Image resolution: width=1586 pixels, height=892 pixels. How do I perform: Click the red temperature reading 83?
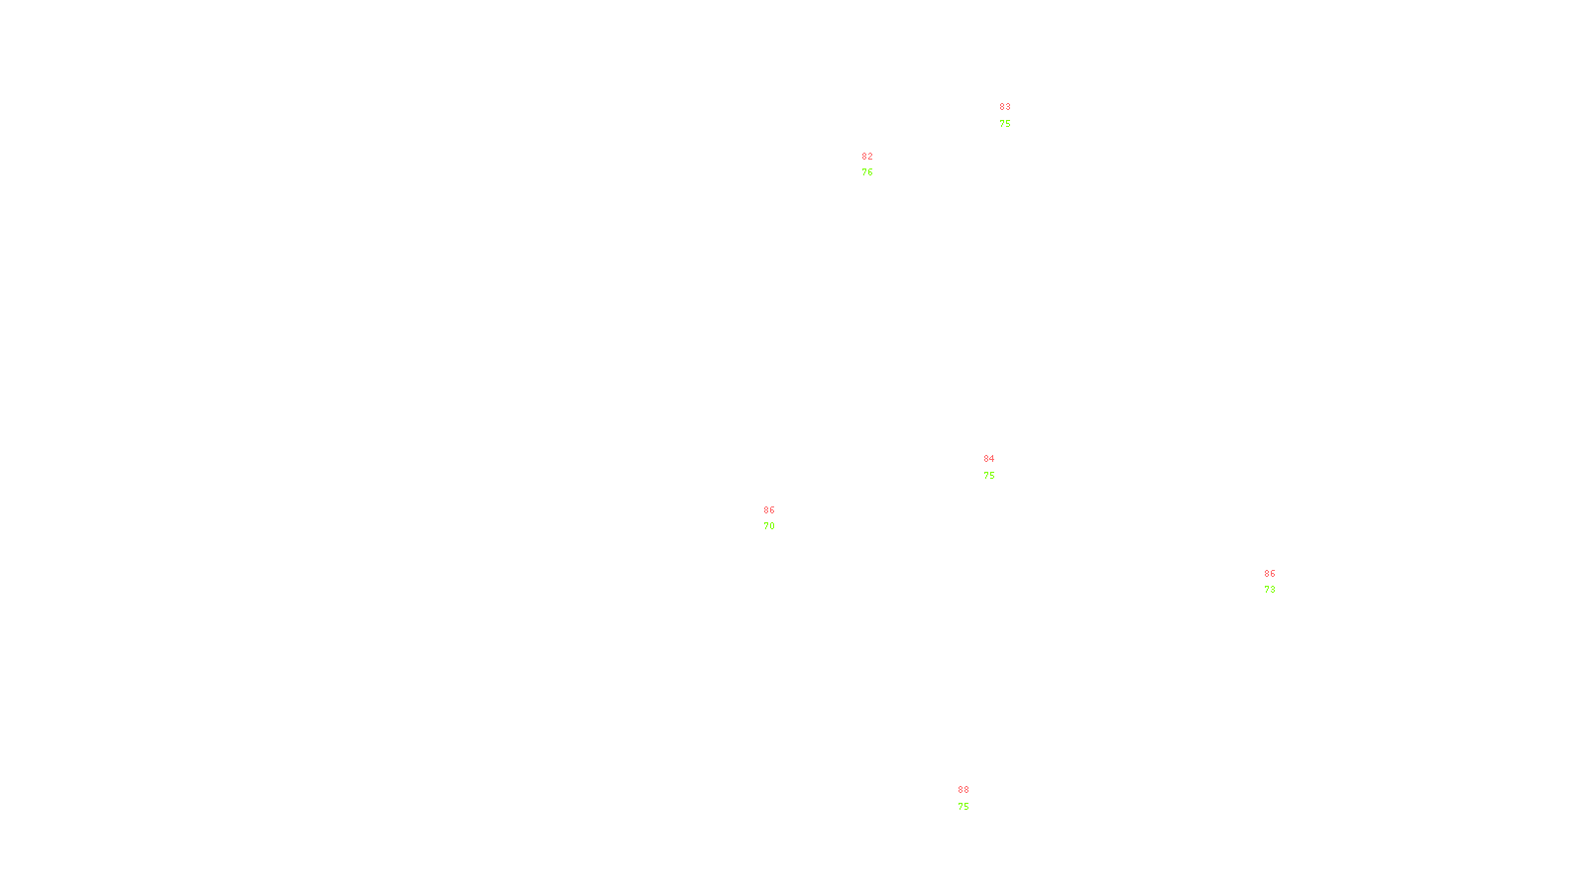point(1005,107)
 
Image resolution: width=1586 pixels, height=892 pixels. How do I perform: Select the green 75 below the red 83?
point(1005,124)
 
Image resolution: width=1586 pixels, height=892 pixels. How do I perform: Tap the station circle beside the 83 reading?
point(1014,116)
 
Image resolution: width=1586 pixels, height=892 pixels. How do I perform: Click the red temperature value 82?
point(867,157)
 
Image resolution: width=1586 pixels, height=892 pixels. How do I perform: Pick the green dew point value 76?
point(867,172)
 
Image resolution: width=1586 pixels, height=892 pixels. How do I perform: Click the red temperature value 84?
point(989,459)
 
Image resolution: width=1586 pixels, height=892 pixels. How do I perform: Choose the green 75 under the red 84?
point(989,476)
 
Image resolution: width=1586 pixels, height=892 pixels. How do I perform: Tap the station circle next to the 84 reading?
point(999,467)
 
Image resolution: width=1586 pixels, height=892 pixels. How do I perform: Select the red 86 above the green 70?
point(769,510)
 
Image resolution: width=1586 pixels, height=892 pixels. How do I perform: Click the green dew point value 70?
point(769,526)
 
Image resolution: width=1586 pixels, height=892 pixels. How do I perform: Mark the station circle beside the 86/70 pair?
point(778,518)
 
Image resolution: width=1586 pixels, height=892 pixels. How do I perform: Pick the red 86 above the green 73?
point(1270,574)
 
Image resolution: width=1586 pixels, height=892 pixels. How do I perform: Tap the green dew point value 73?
point(1270,590)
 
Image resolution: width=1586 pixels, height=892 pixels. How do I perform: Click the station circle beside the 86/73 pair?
point(1279,582)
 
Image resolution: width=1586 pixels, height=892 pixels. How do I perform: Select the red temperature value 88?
point(963,790)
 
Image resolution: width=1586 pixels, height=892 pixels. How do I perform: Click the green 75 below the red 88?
point(963,807)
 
